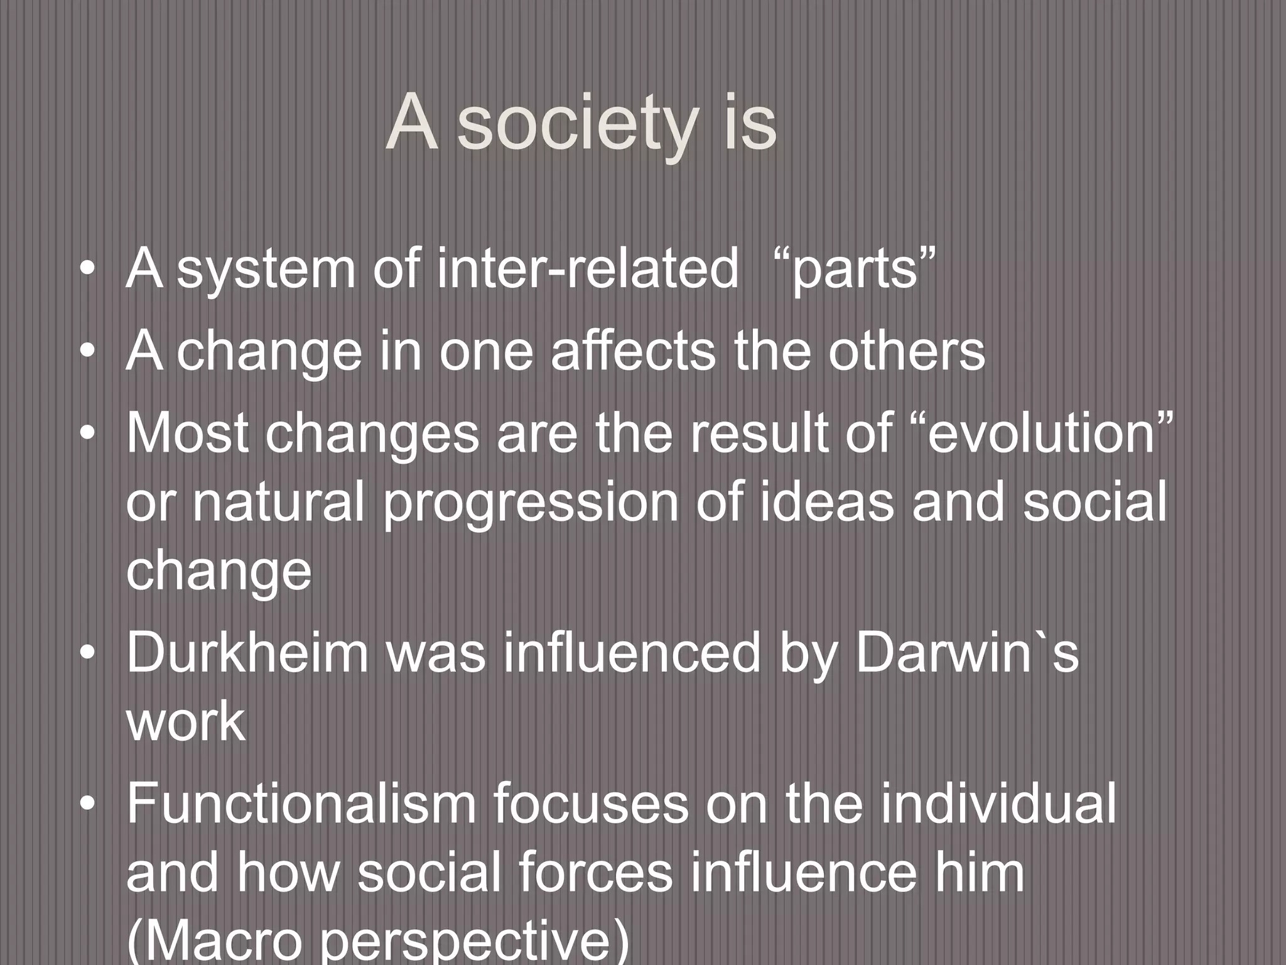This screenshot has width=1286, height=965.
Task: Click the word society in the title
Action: (x=577, y=124)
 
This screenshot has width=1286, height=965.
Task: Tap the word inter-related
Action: (x=587, y=269)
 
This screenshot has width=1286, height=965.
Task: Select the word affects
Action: (x=632, y=351)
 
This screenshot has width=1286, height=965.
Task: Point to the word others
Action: (x=906, y=351)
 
